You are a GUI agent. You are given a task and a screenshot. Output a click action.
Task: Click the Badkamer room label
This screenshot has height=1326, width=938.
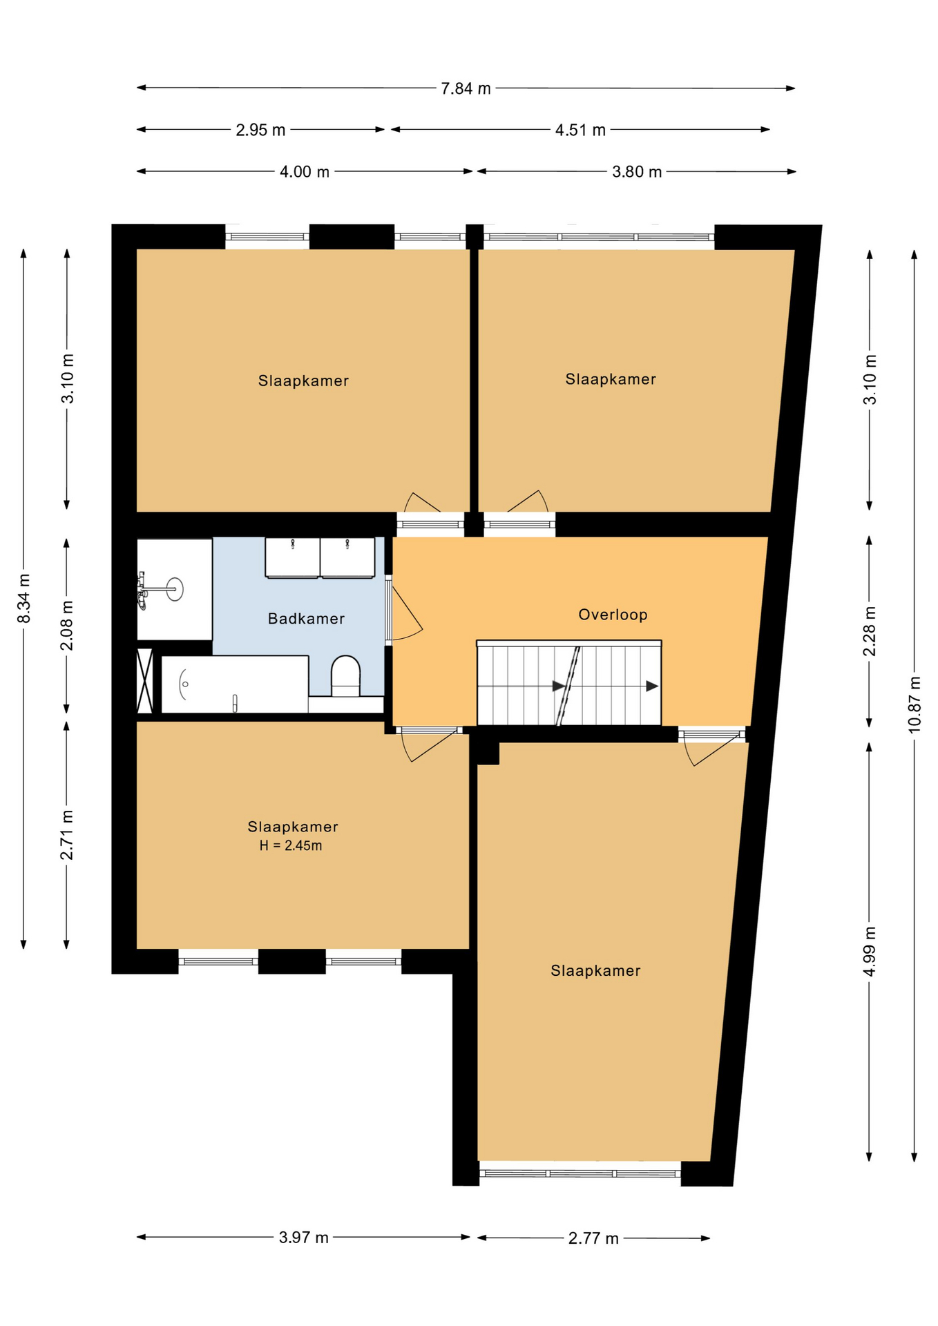pos(306,619)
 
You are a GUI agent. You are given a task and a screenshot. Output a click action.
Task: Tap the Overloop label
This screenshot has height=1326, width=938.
pos(613,615)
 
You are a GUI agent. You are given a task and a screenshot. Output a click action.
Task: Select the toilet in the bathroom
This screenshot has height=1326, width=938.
pos(345,675)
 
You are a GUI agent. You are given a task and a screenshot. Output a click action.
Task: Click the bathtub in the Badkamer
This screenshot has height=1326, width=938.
pos(235,684)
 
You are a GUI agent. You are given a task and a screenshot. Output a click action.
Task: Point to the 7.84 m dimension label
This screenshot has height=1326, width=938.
pos(466,88)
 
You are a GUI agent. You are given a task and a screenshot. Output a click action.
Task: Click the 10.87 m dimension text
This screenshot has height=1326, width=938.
pos(915,704)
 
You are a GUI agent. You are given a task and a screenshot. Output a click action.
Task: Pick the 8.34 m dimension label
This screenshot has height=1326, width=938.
pos(24,598)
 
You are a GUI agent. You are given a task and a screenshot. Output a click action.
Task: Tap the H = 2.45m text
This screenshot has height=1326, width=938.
pos(291,845)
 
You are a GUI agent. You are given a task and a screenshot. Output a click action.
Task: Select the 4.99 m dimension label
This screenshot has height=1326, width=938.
pos(870,952)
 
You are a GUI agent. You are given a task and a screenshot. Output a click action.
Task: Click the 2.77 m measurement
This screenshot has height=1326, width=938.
pos(593,1238)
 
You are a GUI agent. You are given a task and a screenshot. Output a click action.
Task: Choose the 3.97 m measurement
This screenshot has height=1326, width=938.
pos(304,1237)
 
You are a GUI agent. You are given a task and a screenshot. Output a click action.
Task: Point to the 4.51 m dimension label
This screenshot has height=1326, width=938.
pos(580,130)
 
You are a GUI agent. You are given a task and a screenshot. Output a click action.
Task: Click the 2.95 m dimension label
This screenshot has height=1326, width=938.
pos(260,130)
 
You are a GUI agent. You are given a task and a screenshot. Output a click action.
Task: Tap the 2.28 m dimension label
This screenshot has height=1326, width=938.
pos(870,631)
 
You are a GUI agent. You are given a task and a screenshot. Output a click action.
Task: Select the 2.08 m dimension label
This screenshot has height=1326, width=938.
pos(67,626)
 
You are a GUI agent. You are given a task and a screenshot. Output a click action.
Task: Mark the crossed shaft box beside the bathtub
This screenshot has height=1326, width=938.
pos(144,681)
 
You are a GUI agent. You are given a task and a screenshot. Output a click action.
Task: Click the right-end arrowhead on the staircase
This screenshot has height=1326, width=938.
pos(652,686)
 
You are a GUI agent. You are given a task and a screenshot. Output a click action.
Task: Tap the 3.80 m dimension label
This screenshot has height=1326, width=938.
pos(637,171)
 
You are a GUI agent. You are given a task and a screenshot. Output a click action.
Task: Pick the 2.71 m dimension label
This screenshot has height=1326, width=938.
pos(67,836)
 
